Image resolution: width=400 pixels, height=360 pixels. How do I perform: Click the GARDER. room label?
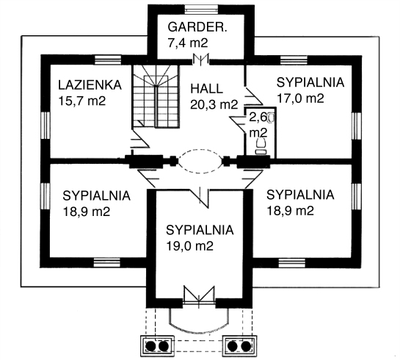197,27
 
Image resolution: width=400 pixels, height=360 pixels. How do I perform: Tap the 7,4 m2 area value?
188,43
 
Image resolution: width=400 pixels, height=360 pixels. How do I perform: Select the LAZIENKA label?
90,85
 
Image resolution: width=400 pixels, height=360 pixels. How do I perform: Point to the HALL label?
207,89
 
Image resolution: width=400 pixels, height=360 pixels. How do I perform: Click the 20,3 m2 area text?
214,104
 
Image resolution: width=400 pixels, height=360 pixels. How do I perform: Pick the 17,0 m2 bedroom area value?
300,98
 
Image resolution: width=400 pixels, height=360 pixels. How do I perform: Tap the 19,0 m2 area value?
189,246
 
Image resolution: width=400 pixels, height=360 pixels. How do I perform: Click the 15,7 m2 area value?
82,101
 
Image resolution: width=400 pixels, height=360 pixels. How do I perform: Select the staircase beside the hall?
156,96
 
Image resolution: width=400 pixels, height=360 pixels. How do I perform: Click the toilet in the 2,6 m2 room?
261,145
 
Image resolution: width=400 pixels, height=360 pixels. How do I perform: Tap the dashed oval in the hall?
200,161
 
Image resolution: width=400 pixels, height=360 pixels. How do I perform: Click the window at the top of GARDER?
202,10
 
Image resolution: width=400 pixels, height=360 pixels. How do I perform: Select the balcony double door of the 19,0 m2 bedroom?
199,295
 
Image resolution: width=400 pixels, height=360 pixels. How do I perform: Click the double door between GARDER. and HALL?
201,60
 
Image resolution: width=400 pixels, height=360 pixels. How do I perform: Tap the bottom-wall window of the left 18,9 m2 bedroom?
106,262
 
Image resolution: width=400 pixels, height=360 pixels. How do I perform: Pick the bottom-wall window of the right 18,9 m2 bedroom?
292,263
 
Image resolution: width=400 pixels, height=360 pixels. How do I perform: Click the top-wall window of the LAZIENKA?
108,60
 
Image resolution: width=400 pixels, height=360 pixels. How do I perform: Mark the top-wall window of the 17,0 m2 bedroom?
294,60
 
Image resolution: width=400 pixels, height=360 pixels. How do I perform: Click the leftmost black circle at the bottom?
150,346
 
